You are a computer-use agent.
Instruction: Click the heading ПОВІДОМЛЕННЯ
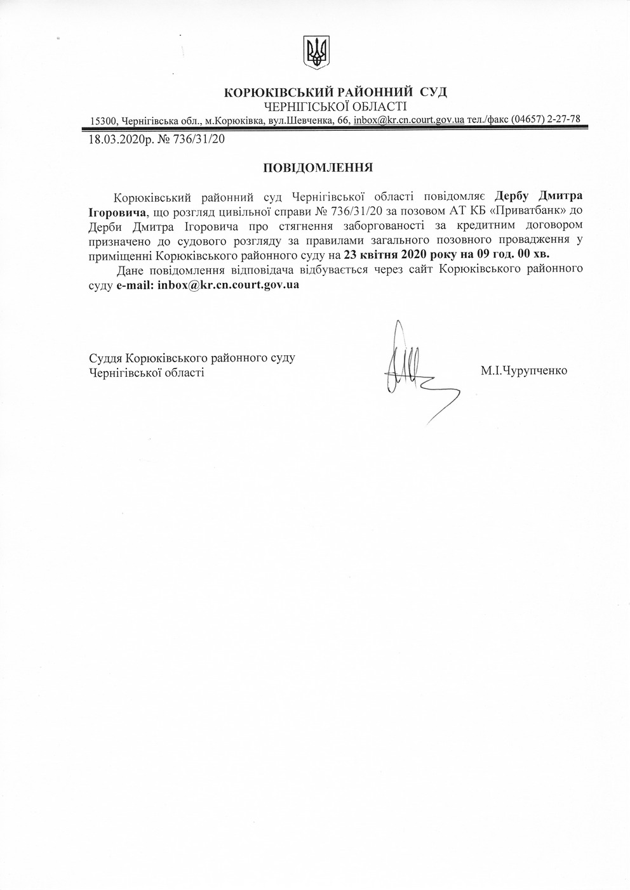point(317,167)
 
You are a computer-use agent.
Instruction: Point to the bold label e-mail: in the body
point(135,285)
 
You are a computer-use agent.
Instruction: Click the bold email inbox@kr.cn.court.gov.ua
point(228,285)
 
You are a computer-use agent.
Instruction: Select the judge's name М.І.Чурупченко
point(524,371)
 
